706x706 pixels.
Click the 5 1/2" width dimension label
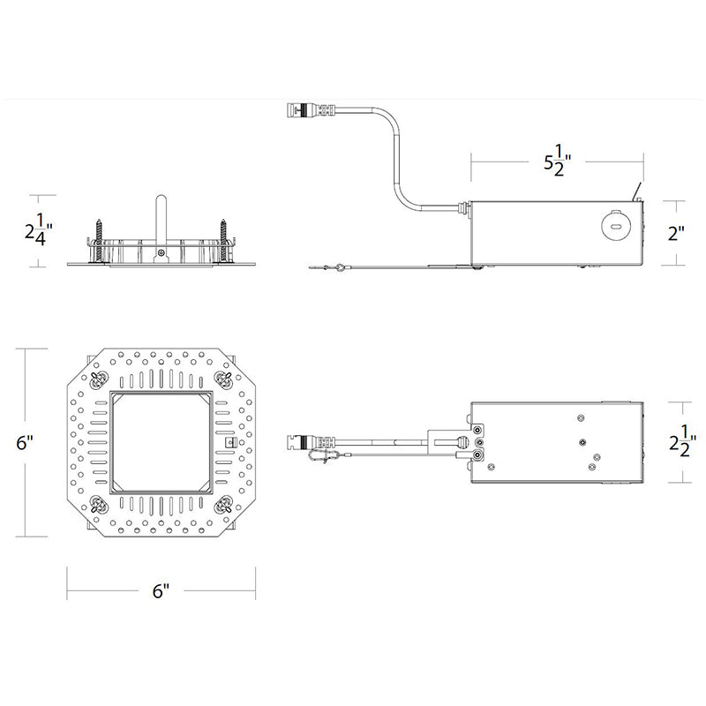tap(558, 161)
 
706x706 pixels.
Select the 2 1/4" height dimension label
tap(39, 229)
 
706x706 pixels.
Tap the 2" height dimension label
tap(676, 233)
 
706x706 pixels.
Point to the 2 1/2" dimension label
tap(682, 442)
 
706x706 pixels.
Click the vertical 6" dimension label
tap(25, 443)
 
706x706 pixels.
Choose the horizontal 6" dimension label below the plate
tap(161, 591)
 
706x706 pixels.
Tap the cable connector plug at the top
tap(312, 109)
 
